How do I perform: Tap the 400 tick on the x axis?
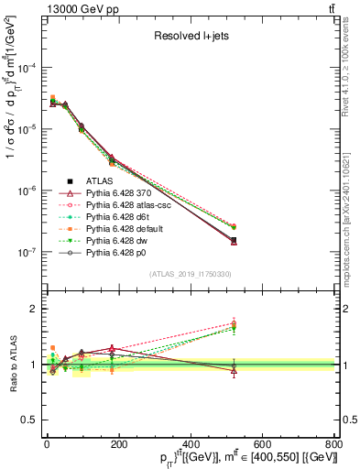pyautogui.click(x=190, y=442)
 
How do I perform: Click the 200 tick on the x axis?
pyautogui.click(x=118, y=442)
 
